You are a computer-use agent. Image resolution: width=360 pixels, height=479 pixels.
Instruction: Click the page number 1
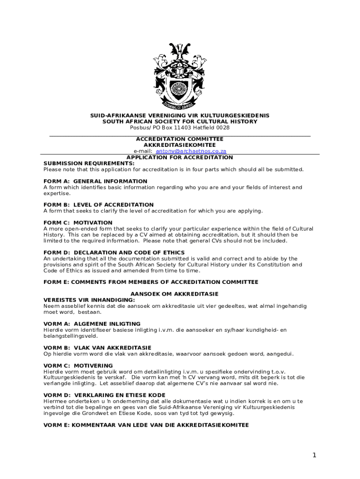point(315,455)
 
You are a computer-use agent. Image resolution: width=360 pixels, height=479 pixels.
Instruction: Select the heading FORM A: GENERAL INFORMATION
point(95,181)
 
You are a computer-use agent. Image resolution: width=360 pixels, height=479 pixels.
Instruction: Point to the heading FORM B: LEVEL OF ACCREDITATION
point(99,204)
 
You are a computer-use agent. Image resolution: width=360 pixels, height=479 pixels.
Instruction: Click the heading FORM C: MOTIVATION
point(78,223)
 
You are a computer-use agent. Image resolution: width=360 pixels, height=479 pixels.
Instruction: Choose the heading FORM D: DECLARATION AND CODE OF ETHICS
point(114,253)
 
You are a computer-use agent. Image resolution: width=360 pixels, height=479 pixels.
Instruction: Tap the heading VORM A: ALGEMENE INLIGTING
point(92,324)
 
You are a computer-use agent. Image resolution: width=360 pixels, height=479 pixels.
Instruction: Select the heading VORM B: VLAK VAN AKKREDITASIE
point(97,348)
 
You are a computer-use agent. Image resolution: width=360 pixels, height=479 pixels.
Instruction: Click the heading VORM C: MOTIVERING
point(78,365)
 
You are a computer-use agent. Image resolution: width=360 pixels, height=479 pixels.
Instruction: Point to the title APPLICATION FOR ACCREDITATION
point(180,158)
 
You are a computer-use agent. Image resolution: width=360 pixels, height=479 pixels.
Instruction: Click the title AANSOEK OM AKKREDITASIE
point(180,294)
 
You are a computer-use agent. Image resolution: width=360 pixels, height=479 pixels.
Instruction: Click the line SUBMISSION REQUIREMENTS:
point(89,163)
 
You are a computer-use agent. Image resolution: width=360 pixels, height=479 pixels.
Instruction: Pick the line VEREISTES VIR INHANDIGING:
point(89,300)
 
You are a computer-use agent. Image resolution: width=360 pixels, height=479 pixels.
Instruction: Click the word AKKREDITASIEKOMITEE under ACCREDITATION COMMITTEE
point(180,145)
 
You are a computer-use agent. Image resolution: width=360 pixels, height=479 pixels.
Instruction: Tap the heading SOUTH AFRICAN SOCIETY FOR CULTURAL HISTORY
point(180,122)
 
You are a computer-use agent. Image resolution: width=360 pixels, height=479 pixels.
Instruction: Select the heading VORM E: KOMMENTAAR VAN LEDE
point(146,425)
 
